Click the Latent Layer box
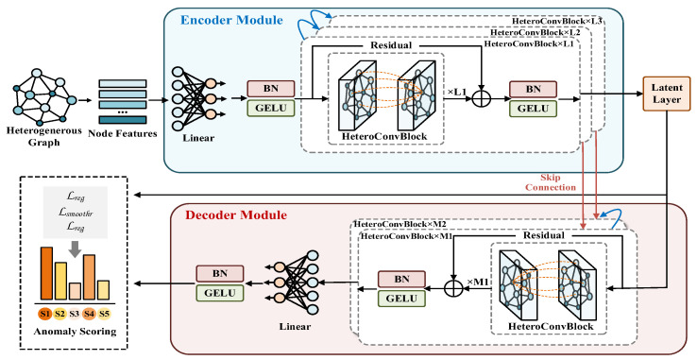coord(667,94)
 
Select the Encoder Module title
coord(231,20)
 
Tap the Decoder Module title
coord(236,215)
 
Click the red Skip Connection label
coord(551,182)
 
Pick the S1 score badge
coord(45,314)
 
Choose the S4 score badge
coord(90,314)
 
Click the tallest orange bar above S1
coord(46,273)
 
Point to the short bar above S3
coord(76,291)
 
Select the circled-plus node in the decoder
coord(453,288)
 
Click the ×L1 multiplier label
coord(456,92)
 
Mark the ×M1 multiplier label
coord(478,282)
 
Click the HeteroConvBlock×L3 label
coord(557,21)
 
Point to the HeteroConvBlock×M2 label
coord(400,224)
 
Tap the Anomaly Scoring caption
coord(76,332)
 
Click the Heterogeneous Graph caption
coord(44,137)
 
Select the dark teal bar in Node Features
coord(122,120)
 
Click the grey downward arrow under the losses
coord(76,249)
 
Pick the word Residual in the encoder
coord(391,45)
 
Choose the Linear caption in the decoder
coord(295,327)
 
